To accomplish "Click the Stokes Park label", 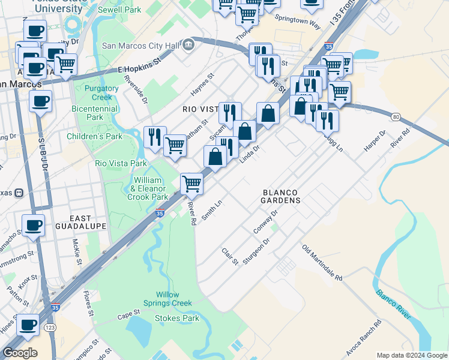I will tap(177, 318).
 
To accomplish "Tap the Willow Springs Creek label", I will tap(174, 299).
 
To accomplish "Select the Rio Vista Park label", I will tap(121, 163).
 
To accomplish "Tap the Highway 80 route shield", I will tap(394, 116).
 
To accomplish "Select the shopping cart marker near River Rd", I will tap(191, 183).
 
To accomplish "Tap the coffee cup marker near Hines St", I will tap(28, 325).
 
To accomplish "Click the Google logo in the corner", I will tap(20, 353).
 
